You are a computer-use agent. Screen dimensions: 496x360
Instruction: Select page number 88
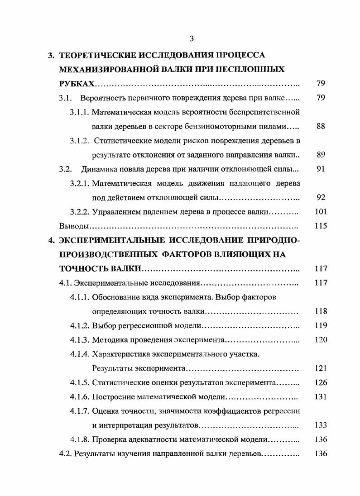[321, 126]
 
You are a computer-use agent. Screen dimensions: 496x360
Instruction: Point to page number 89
[321, 155]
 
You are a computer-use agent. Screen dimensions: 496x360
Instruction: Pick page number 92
[321, 197]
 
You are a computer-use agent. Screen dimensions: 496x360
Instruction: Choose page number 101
[321, 211]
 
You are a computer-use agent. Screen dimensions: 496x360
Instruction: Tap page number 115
[321, 226]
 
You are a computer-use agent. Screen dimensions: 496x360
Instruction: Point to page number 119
[321, 325]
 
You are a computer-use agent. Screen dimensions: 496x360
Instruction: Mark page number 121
[321, 368]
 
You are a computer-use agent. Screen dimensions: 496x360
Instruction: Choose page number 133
[321, 425]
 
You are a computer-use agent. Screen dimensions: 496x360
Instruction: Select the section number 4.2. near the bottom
[66, 453]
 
